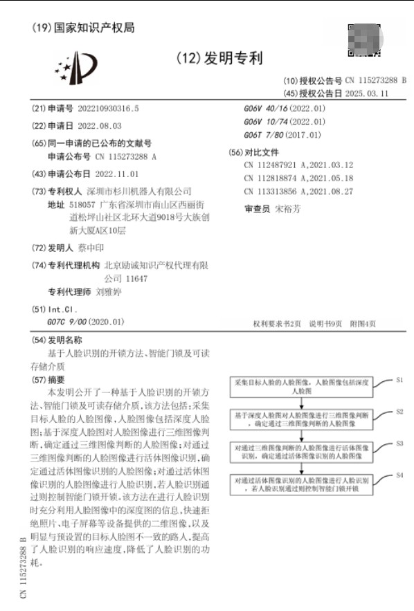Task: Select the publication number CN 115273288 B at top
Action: pyautogui.click(x=375, y=80)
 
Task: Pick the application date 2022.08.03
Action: pyautogui.click(x=94, y=126)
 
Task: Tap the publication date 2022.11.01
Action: pyautogui.click(x=116, y=174)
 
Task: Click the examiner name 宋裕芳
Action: pyautogui.click(x=287, y=208)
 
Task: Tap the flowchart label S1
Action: pyautogui.click(x=399, y=381)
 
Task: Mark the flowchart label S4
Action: pyautogui.click(x=399, y=476)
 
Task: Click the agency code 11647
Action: pyautogui.click(x=136, y=278)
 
